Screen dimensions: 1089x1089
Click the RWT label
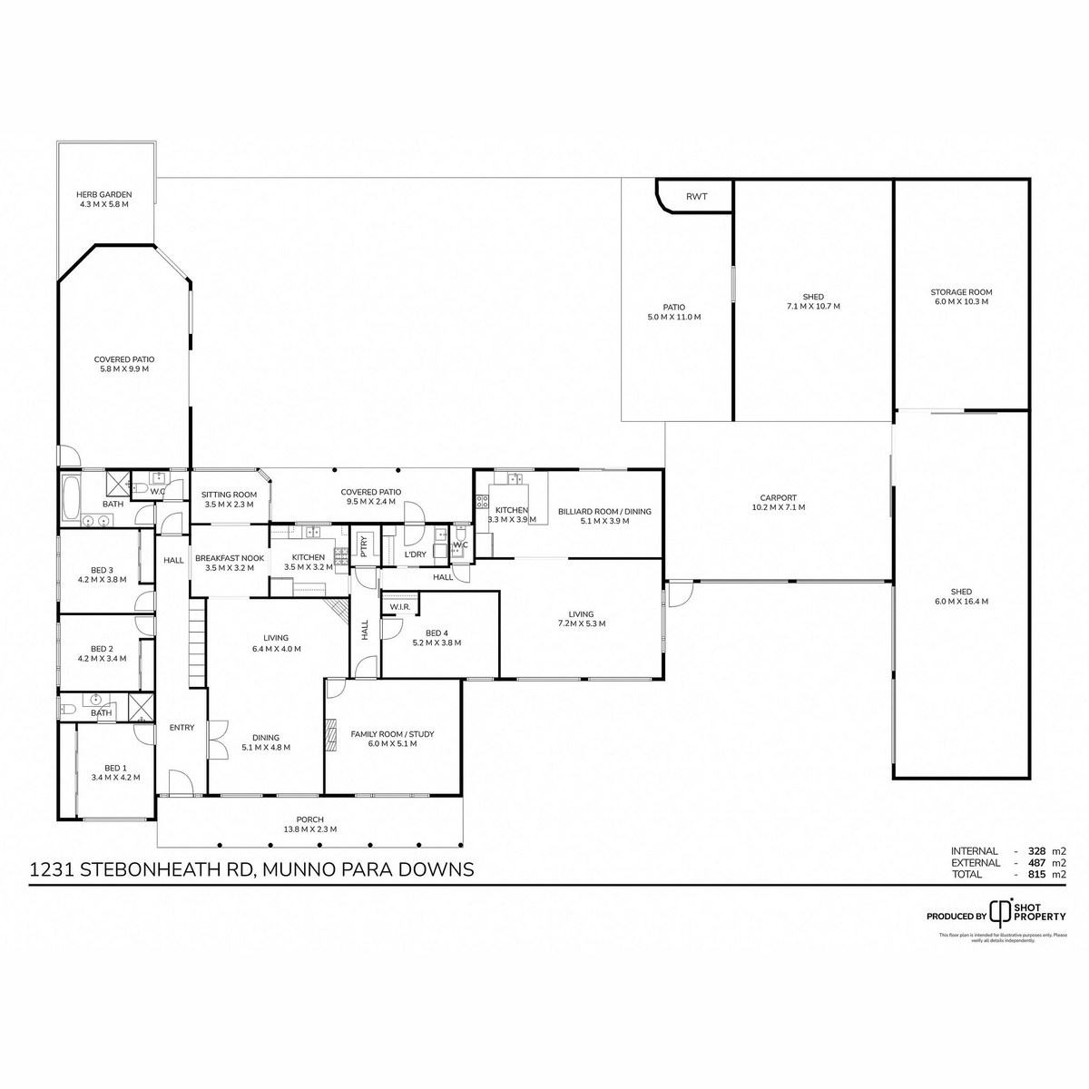click(x=696, y=197)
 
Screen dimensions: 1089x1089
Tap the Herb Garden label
click(x=104, y=194)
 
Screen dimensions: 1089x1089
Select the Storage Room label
click(x=961, y=292)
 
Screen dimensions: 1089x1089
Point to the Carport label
click(x=779, y=497)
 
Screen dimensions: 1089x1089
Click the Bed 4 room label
click(x=437, y=633)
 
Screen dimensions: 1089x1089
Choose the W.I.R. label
click(x=400, y=606)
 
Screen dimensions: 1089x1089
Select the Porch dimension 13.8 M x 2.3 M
click(x=309, y=829)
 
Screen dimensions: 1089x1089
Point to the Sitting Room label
click(x=229, y=495)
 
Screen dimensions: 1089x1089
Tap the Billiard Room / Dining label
click(x=604, y=511)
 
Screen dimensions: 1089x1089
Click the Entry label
click(x=181, y=727)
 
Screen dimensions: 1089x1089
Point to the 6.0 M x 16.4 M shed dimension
click(x=961, y=601)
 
